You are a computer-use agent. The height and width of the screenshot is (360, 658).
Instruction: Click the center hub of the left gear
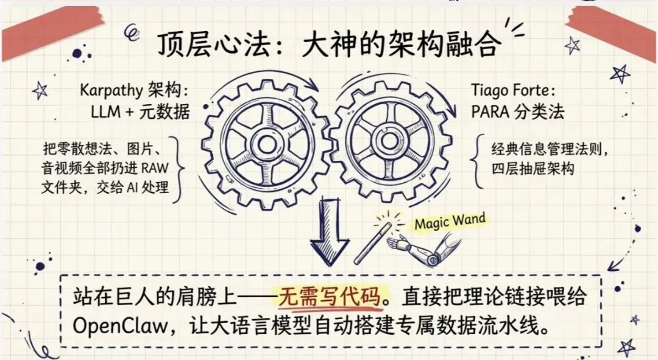coord(266,144)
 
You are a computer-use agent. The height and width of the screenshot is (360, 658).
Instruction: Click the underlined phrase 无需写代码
coord(329,297)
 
